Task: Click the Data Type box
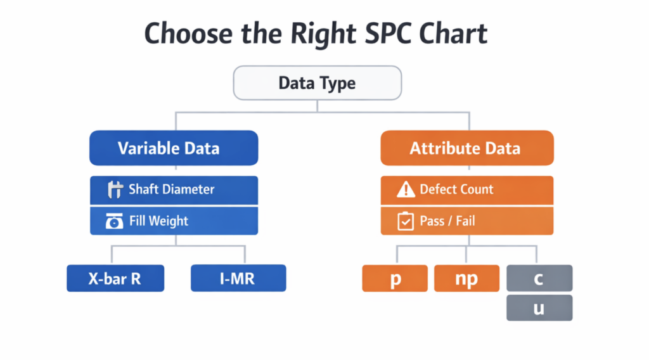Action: (317, 83)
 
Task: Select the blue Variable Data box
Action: (174, 148)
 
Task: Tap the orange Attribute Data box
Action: (467, 148)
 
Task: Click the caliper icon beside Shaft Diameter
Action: (115, 190)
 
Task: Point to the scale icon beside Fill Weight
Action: (114, 221)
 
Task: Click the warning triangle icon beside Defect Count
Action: (406, 189)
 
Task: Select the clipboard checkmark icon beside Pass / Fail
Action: (406, 221)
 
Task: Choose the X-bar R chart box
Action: (115, 278)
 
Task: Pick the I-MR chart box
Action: (238, 278)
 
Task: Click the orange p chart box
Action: (395, 278)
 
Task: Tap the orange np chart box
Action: (467, 278)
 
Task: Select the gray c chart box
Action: (539, 278)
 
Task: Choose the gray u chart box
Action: (539, 308)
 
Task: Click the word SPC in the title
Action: (388, 34)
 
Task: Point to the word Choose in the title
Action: (188, 34)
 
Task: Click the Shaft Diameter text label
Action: (171, 189)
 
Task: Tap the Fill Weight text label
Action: (158, 221)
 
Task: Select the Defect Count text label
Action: (456, 189)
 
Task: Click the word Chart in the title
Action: (453, 34)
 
